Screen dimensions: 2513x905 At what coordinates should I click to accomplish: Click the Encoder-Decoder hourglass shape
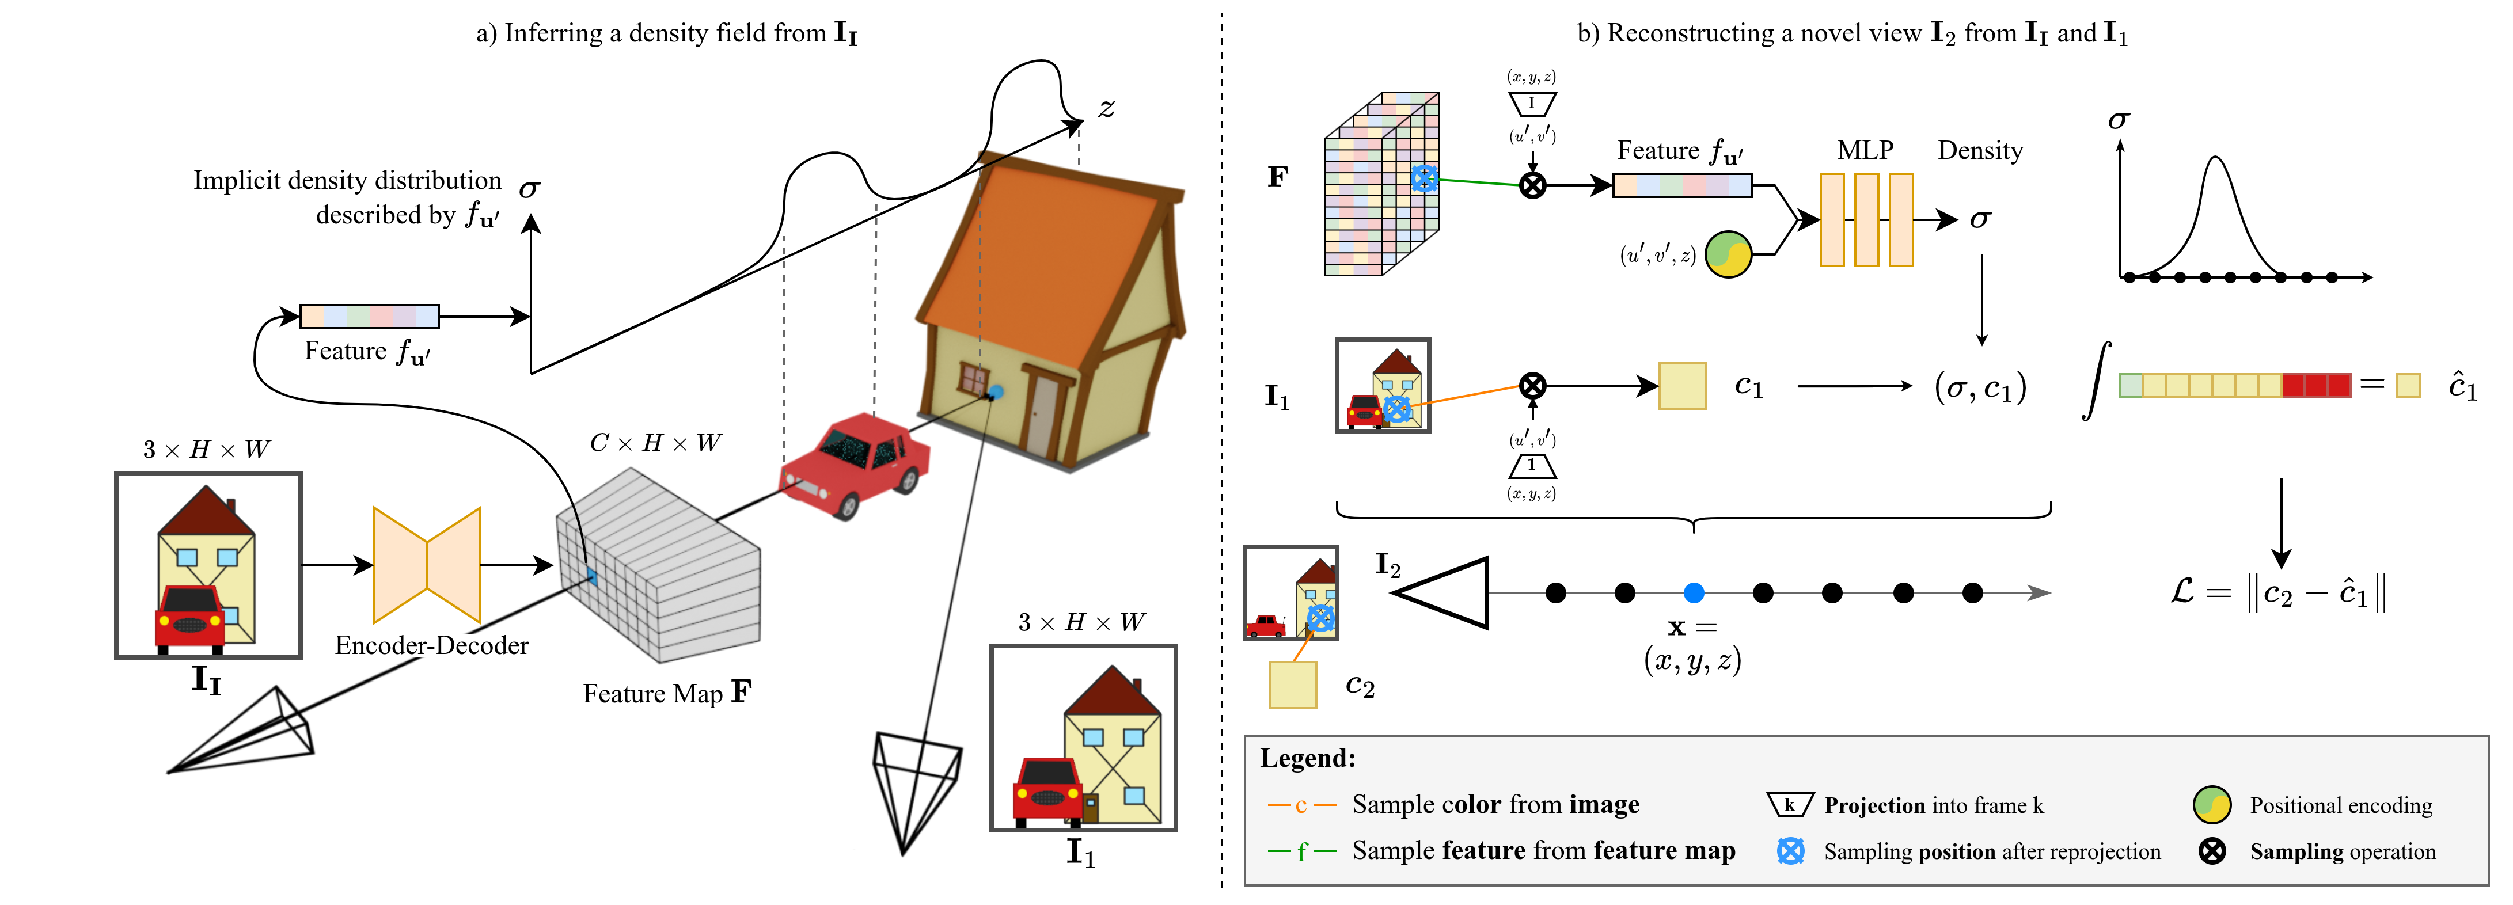[427, 565]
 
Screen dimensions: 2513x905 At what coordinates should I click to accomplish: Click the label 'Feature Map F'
[667, 693]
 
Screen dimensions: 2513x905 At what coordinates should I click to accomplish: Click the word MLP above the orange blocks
[1865, 150]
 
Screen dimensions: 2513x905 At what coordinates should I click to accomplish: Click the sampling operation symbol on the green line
[1532, 184]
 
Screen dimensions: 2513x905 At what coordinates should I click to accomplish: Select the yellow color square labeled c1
[1682, 386]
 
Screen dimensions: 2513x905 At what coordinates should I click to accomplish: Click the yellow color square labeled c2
[1293, 685]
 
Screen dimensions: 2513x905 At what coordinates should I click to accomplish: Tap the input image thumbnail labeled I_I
[208, 565]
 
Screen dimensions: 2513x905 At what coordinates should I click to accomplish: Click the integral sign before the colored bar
[2096, 381]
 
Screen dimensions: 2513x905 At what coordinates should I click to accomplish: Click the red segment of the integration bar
[2317, 385]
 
